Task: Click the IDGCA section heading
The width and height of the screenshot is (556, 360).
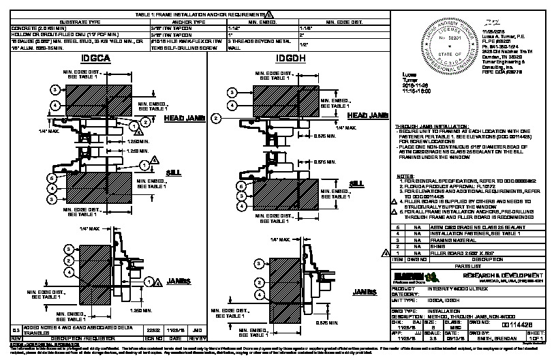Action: pos(95,60)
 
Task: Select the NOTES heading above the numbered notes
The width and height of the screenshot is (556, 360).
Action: pos(405,176)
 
